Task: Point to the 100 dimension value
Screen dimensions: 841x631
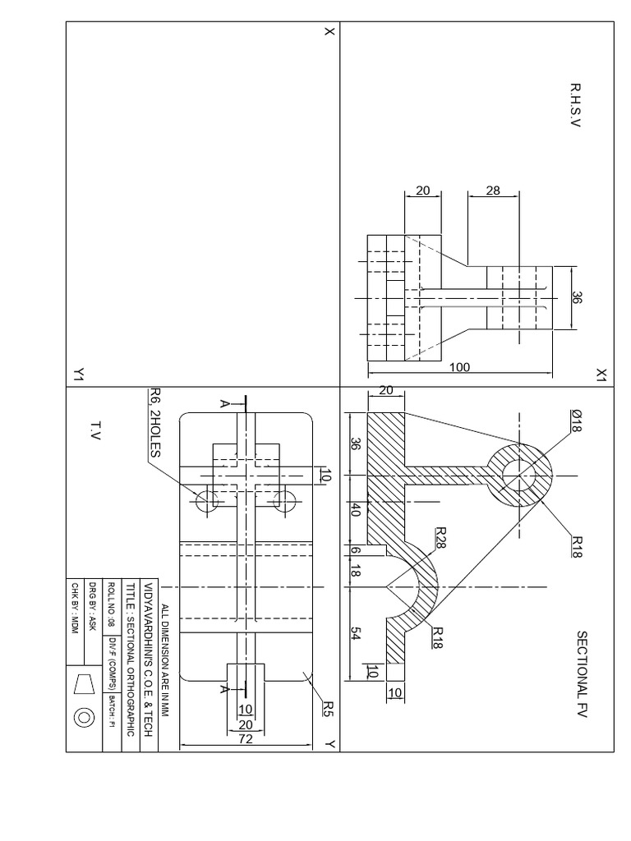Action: point(459,367)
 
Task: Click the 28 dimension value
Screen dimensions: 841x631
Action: point(493,191)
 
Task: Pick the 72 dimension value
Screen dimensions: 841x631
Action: point(244,739)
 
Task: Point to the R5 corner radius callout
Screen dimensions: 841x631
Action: point(326,708)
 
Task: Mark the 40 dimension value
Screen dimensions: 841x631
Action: point(357,511)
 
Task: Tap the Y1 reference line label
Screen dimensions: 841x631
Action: point(78,375)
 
